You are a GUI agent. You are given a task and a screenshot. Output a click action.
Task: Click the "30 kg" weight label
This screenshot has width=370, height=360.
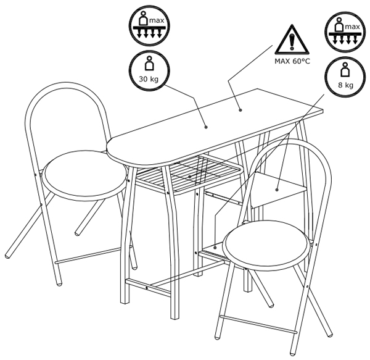pos(149,79)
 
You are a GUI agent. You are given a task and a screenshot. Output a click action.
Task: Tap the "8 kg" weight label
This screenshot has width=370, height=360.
pos(346,85)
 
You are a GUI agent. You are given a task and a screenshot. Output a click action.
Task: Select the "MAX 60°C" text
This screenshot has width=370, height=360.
pos(292,61)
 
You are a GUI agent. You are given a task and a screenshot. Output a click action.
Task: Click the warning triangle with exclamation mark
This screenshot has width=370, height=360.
pos(292,40)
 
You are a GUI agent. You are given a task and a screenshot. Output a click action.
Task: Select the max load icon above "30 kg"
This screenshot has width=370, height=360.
pos(149,25)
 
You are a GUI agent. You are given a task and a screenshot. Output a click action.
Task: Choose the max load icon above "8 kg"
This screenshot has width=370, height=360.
pos(345,31)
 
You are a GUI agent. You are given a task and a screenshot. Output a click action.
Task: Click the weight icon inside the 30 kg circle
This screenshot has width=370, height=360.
pos(149,64)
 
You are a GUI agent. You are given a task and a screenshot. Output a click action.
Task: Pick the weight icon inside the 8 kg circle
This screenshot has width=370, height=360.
pos(345,69)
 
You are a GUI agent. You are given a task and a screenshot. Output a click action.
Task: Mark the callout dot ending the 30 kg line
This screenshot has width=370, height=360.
pos(206,127)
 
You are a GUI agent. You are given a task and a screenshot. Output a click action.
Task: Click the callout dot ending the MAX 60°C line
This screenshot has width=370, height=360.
pos(240,110)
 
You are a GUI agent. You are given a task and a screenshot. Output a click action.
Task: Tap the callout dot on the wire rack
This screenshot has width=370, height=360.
pos(190,177)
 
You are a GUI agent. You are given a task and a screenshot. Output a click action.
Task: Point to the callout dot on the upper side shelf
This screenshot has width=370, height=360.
pos(277,190)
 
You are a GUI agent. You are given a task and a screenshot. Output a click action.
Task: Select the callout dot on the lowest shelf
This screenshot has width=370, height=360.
pos(215,248)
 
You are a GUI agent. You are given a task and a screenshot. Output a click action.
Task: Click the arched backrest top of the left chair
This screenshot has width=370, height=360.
pos(66,83)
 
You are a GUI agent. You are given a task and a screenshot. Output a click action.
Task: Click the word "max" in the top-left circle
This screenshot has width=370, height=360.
pos(157,20)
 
